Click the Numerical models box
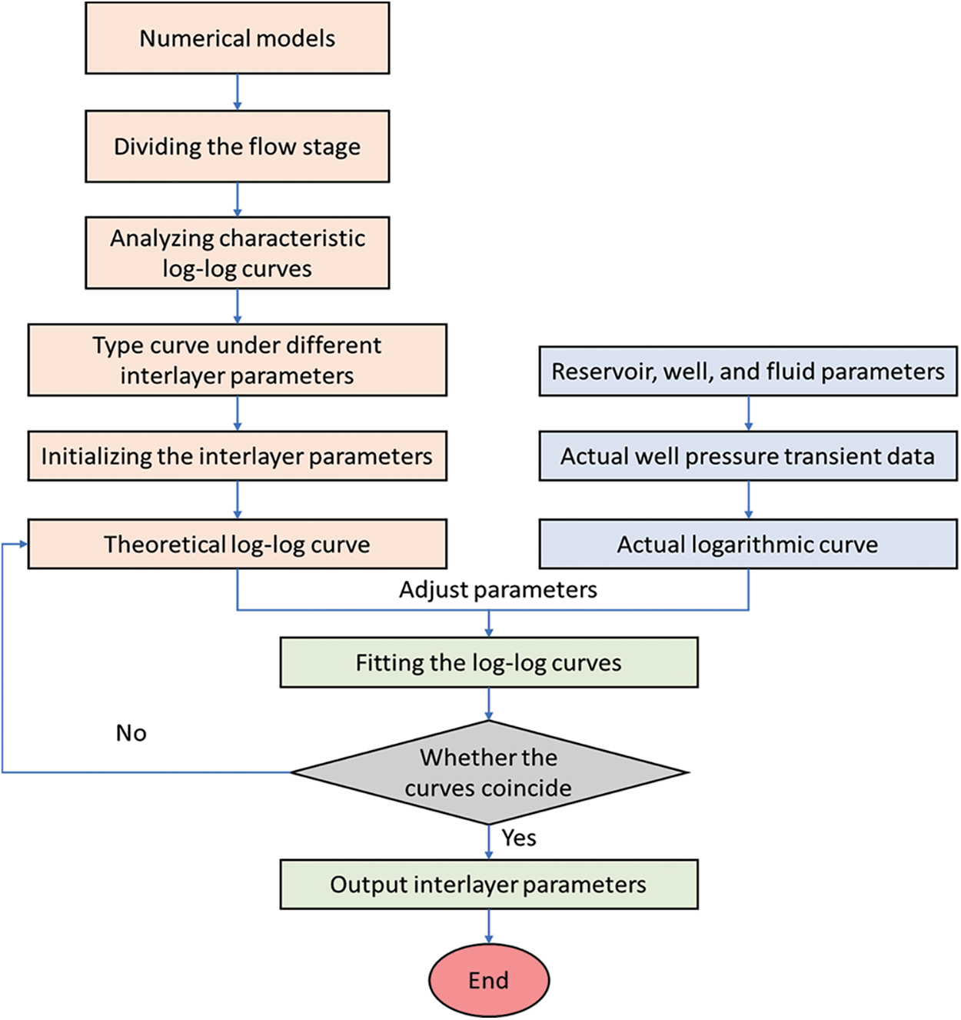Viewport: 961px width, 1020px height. (x=237, y=38)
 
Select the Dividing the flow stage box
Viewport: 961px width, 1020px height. (x=237, y=146)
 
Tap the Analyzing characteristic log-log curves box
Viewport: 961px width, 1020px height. (x=237, y=253)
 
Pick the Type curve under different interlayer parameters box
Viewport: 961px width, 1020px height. (x=237, y=360)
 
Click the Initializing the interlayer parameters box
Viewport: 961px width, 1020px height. (x=237, y=456)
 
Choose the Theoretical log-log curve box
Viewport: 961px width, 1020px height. (x=237, y=545)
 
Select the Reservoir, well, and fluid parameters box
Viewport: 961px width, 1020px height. (x=747, y=372)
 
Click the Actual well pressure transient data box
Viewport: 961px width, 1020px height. (x=747, y=456)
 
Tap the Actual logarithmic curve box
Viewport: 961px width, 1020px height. (x=747, y=545)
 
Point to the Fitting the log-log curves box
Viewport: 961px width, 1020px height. (x=488, y=662)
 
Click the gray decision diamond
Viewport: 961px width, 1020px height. (x=488, y=772)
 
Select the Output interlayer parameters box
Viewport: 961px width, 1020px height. (x=488, y=885)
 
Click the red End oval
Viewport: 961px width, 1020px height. (x=488, y=980)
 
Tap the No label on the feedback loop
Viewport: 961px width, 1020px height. (x=131, y=733)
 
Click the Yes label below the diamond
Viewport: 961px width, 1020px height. (x=519, y=838)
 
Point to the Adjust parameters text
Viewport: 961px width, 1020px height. (x=497, y=590)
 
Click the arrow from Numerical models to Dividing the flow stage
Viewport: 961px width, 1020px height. (x=237, y=92)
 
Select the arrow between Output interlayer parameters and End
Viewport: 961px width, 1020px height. (x=488, y=926)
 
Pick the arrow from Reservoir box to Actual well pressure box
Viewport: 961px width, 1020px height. (x=748, y=414)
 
